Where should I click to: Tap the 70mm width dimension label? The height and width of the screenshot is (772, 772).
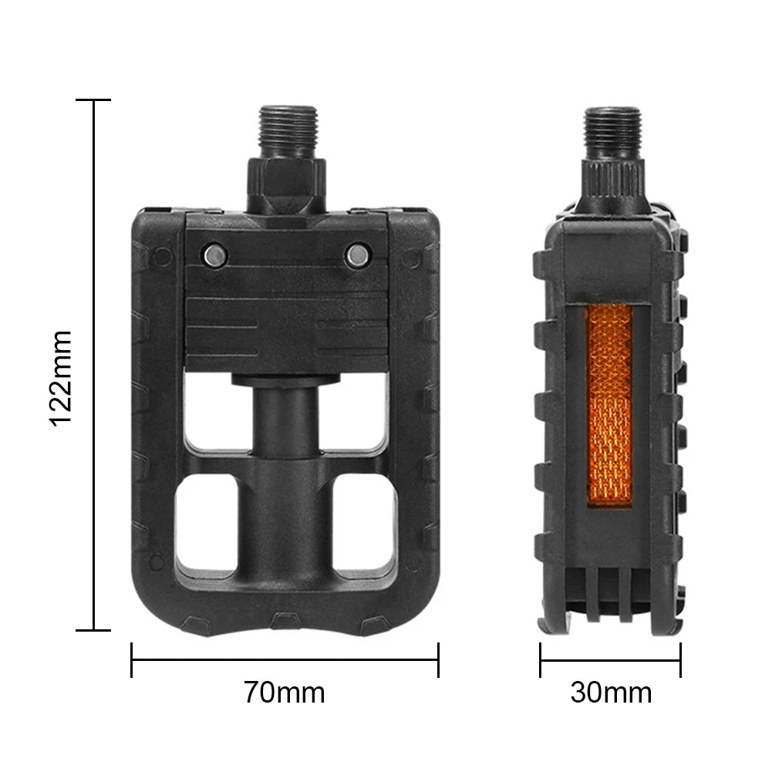point(285,693)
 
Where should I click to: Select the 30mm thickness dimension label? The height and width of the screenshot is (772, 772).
point(611,693)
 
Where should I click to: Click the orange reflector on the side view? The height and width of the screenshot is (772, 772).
point(609,404)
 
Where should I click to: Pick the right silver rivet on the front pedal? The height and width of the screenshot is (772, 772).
point(357,254)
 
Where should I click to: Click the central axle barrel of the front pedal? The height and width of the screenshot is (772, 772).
point(286,463)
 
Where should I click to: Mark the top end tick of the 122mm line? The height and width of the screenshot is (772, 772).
point(94,100)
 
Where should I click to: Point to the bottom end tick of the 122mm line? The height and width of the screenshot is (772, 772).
point(94,630)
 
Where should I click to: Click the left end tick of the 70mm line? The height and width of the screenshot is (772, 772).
point(132,659)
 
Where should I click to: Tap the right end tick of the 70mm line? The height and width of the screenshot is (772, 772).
point(438,659)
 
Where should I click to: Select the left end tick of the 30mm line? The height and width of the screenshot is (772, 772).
point(540,659)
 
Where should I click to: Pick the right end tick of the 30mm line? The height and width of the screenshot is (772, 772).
point(680,659)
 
